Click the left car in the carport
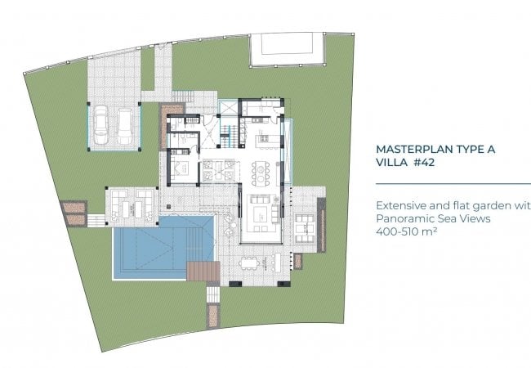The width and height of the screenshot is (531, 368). pyautogui.click(x=101, y=124)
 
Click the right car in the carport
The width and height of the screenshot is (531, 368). pyautogui.click(x=125, y=126)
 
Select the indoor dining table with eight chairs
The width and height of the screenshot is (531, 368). pyautogui.click(x=260, y=173)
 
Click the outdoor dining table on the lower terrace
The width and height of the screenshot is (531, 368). pyautogui.click(x=249, y=263)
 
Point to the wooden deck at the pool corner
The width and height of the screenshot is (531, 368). pyautogui.click(x=203, y=271)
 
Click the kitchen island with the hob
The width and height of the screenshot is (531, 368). pyautogui.click(x=265, y=138)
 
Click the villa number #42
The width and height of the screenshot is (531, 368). pyautogui.click(x=424, y=162)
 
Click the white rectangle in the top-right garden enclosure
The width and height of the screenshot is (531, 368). pyautogui.click(x=287, y=43)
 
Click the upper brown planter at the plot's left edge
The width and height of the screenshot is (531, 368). pyautogui.click(x=74, y=207)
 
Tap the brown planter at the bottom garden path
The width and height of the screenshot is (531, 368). pyautogui.click(x=213, y=316)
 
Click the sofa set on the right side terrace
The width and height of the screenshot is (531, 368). pyautogui.click(x=305, y=227)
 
